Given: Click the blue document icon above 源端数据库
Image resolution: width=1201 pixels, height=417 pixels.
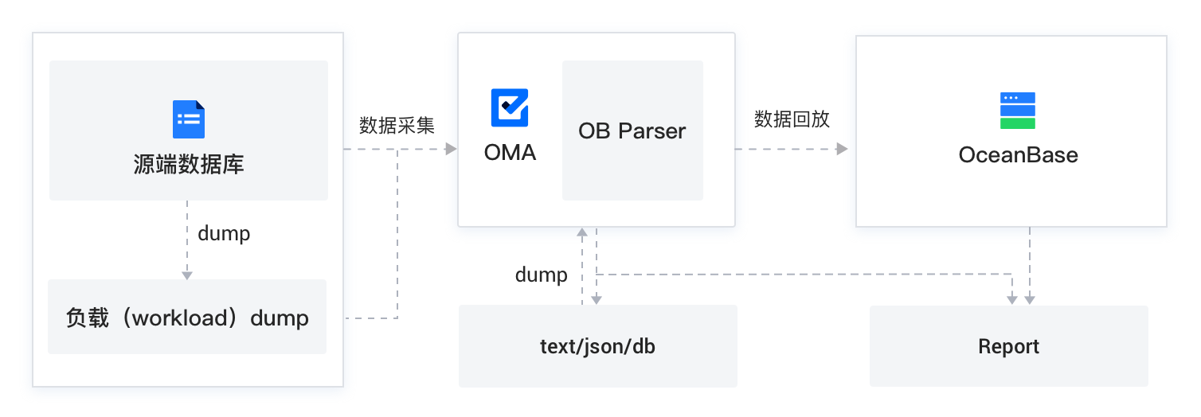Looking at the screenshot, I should pos(189,119).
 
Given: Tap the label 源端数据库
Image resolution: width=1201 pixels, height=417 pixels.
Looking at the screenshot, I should pos(189,165).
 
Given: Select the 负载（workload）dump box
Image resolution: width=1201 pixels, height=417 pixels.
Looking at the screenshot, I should pos(187,318).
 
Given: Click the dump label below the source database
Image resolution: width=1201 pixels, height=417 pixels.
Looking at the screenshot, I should pos(224,233).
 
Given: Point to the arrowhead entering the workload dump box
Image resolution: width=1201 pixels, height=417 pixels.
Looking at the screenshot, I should pos(187,275).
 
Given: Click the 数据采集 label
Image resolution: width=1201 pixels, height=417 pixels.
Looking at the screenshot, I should pos(397,125).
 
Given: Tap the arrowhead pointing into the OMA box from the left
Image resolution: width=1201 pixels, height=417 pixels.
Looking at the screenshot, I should pos(451,149).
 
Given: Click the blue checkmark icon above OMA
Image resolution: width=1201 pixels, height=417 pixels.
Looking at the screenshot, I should pos(510,107).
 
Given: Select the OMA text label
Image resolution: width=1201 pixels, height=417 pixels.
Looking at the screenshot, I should pos(510,152).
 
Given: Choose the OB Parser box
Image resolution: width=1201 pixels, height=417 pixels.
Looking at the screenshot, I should pos(632,131).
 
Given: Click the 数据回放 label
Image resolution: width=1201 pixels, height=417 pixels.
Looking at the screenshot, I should pos(792,119).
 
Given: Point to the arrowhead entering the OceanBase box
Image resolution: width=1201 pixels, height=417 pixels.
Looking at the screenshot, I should pos(843,149).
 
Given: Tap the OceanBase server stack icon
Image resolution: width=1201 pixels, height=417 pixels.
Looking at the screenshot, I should pos(1017,111).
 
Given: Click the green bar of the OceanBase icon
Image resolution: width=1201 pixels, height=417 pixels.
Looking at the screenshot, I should pos(1017,123).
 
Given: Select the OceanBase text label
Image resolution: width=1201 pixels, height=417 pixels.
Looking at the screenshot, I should pos(1018,154).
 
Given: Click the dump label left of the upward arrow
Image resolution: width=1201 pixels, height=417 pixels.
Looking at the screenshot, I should pos(541,275).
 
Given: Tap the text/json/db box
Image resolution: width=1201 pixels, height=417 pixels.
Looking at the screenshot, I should pos(597,346).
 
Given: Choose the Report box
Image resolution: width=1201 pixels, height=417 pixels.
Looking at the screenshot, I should pos(1008,346).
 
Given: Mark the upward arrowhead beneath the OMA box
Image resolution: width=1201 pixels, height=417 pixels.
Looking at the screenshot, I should pos(582,232).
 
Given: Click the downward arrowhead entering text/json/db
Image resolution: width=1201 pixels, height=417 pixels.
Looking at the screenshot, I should pos(597,299).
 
